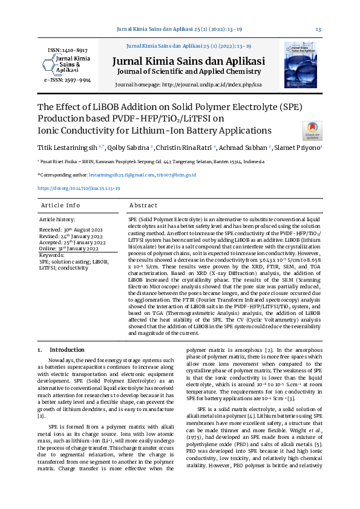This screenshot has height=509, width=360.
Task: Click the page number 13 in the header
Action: tap(318, 30)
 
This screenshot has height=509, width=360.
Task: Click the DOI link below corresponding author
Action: tap(79, 188)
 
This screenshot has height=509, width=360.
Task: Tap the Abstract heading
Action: tap(143, 206)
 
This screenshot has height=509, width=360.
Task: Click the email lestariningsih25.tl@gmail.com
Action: tap(122, 175)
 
